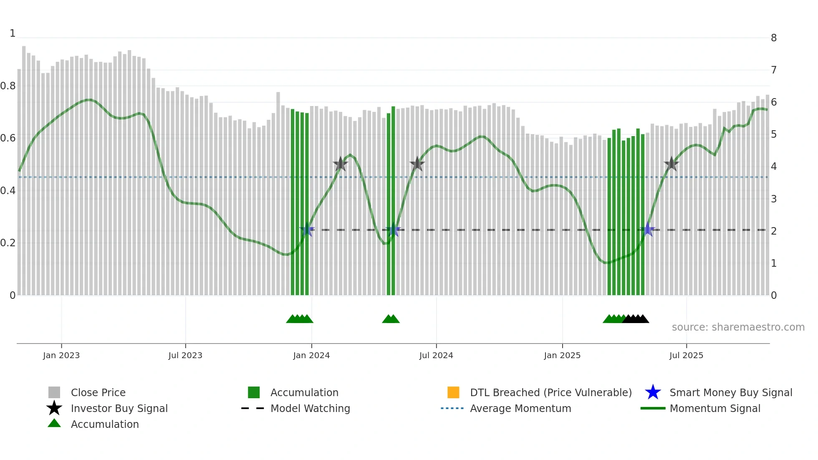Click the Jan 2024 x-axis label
coord(311,355)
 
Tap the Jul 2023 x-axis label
coord(185,355)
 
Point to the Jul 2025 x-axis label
coord(686,355)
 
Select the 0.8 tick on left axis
coord(8,86)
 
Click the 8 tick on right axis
coord(774,38)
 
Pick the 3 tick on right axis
coord(774,199)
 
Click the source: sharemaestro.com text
coord(738,327)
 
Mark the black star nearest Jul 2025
coord(671,164)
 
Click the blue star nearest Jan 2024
coord(307,230)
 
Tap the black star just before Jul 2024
coord(417,164)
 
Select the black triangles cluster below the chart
coord(636,319)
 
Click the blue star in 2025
coord(648,230)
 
